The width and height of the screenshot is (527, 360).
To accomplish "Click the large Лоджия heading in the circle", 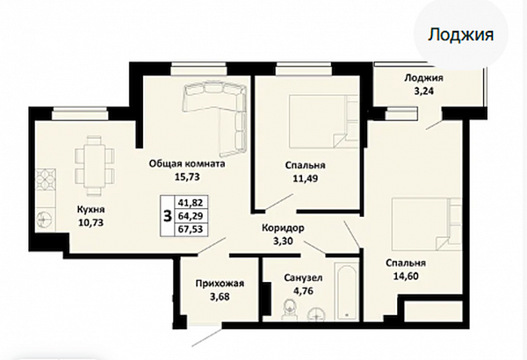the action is pyautogui.click(x=460, y=34).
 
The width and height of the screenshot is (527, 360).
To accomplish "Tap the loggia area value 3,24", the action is pyautogui.click(x=423, y=91).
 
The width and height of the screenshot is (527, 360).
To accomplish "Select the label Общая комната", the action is pyautogui.click(x=187, y=164).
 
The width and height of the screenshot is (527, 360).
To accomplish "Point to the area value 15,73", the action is pyautogui.click(x=187, y=176).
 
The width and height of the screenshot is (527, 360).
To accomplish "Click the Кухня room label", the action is pyautogui.click(x=91, y=210).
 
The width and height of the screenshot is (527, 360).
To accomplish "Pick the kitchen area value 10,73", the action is pyautogui.click(x=90, y=222).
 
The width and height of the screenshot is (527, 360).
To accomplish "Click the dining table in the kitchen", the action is pyautogui.click(x=94, y=165).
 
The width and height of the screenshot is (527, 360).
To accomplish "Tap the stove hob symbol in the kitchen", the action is pyautogui.click(x=46, y=181).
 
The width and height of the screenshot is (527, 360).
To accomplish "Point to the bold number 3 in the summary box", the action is pyautogui.click(x=167, y=215).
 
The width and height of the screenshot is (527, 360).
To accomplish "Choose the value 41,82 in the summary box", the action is pyautogui.click(x=191, y=203).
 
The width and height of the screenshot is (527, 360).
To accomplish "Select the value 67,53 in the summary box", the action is pyautogui.click(x=191, y=229).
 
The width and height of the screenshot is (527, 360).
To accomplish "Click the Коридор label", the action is pyautogui.click(x=283, y=228).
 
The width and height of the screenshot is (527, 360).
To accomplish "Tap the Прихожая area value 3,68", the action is pyautogui.click(x=220, y=297).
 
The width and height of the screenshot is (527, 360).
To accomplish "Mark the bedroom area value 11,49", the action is pyautogui.click(x=305, y=178).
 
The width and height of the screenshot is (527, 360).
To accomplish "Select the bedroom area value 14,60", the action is pyautogui.click(x=406, y=276).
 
